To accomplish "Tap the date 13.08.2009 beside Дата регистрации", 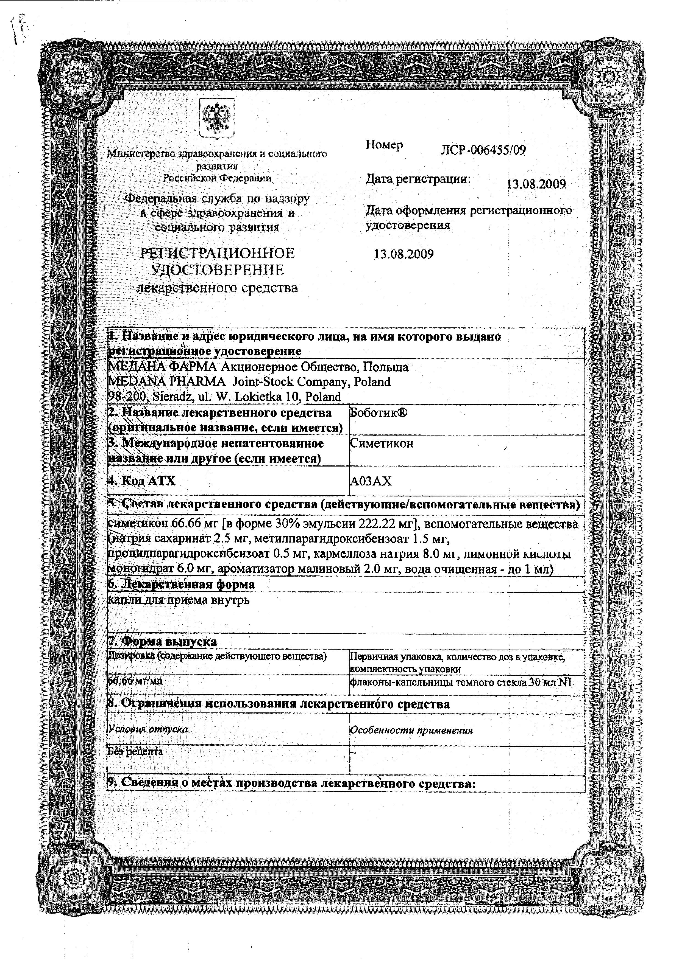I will point(536,184).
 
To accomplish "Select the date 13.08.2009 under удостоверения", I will point(403,254).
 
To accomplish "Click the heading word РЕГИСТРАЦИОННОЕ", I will point(217,253).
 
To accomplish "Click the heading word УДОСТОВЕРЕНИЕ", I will point(217,270).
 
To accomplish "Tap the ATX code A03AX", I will point(371,481).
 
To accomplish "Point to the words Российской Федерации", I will point(217,178).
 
